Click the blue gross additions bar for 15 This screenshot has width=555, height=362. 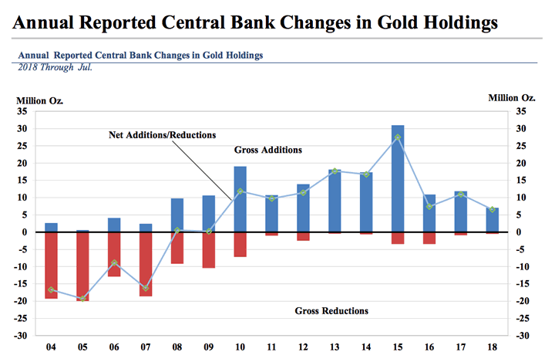(x=398, y=178)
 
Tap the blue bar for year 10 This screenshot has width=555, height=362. (x=240, y=199)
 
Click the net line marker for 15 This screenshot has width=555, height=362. (x=398, y=137)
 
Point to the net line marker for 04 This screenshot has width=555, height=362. (x=52, y=289)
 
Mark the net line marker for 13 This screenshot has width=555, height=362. (x=335, y=171)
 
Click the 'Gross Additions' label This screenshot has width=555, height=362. (x=267, y=150)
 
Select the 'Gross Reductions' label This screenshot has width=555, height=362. (x=331, y=311)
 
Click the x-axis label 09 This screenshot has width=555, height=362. (x=208, y=347)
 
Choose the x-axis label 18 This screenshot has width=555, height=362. (x=493, y=347)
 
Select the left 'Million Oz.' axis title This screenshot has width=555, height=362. (x=40, y=100)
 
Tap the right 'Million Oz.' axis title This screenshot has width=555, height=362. (x=511, y=97)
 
